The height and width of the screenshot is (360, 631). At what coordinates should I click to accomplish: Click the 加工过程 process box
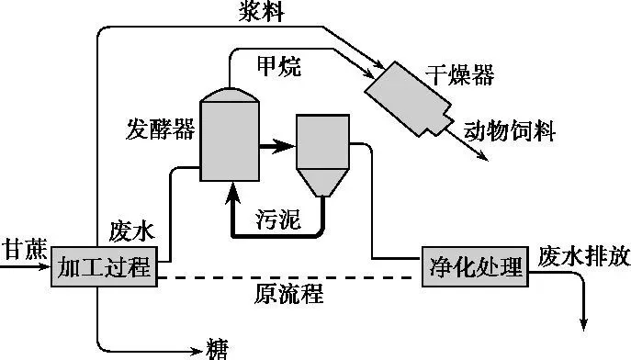coord(104,266)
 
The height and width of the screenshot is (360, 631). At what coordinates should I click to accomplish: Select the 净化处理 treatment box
coord(475,266)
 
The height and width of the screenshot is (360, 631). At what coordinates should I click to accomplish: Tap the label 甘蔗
coord(25,249)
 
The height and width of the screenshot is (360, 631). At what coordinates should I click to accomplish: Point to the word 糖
coord(218,349)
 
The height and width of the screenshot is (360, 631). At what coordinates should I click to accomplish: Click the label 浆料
coord(262,11)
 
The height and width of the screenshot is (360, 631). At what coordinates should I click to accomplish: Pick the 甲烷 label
coord(279,66)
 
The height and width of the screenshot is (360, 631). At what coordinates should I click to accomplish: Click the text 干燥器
coord(460,73)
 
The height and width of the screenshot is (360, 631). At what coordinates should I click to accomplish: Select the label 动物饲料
coord(510,130)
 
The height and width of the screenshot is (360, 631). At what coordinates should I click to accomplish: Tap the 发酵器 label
coord(161,129)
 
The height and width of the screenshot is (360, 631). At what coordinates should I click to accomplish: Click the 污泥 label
coord(278,219)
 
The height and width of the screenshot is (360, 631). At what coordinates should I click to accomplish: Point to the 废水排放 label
coord(584,256)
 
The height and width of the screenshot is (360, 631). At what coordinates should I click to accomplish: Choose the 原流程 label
coord(289,294)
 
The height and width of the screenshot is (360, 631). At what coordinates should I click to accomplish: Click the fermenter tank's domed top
coord(230,95)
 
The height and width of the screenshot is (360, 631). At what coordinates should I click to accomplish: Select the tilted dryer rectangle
coord(408,99)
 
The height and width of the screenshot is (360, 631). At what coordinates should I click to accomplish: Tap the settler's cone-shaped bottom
coord(322,182)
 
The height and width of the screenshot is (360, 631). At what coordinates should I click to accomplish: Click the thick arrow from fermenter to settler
coord(276,146)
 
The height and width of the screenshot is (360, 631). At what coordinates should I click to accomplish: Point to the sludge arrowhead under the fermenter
coord(232,192)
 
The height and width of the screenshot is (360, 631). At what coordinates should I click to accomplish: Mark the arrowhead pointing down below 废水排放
coord(583,324)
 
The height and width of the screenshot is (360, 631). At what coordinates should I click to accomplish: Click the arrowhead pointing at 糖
coord(197,351)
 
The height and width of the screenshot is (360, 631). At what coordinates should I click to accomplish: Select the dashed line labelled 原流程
coord(285,277)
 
